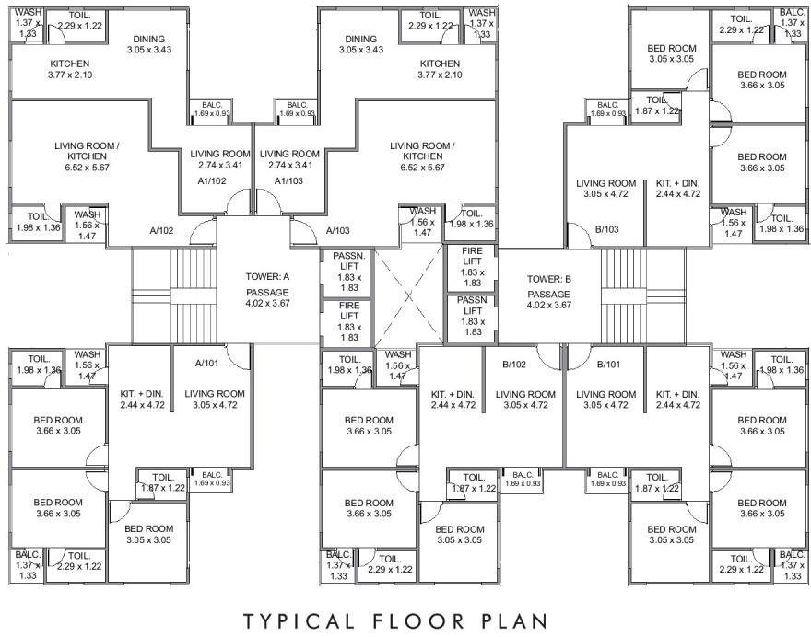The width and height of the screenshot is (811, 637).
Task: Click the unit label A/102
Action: (162, 231)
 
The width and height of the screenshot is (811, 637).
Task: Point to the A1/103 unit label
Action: (289, 181)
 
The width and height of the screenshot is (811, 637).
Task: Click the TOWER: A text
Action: (268, 276)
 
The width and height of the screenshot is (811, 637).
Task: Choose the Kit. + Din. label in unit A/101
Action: (142, 399)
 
